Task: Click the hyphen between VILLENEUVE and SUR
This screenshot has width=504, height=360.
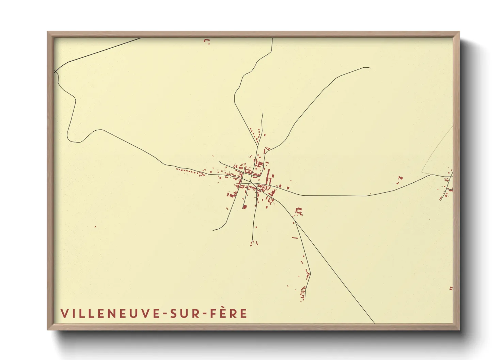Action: [165, 314]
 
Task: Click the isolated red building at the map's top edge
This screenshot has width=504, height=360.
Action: [206, 41]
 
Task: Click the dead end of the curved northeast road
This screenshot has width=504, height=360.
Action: [370, 68]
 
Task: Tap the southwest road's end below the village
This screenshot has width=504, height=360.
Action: [213, 230]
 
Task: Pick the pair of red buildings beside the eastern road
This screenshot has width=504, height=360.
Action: [400, 178]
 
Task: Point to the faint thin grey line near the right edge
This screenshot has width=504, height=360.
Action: [438, 150]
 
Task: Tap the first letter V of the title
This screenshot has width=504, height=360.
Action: [64, 313]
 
